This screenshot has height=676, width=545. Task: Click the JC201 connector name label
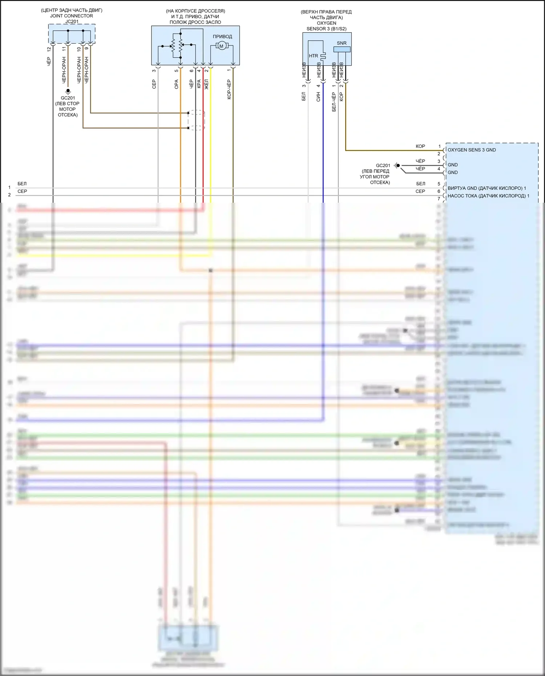(72, 21)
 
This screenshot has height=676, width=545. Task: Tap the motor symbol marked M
(221, 46)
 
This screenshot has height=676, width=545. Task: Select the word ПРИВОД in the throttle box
(222, 36)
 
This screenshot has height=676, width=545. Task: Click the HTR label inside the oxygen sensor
(313, 56)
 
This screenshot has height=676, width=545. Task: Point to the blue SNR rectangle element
(342, 49)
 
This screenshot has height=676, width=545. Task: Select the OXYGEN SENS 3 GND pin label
(472, 150)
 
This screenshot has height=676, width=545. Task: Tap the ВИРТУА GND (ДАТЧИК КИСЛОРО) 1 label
(487, 188)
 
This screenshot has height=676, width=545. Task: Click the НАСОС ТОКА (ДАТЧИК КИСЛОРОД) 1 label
(488, 196)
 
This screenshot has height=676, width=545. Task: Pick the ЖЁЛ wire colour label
(206, 84)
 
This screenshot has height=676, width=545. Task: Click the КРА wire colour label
(199, 84)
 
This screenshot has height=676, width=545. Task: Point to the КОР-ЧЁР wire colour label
(229, 89)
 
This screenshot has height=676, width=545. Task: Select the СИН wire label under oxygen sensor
(318, 96)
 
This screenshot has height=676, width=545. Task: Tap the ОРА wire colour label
(177, 84)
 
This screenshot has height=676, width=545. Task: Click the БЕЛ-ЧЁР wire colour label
(334, 102)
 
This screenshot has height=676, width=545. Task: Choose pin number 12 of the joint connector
(49, 49)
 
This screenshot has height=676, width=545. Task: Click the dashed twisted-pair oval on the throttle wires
(196, 120)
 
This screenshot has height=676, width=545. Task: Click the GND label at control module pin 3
(453, 165)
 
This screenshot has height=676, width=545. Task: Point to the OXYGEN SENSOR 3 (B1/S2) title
(326, 26)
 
